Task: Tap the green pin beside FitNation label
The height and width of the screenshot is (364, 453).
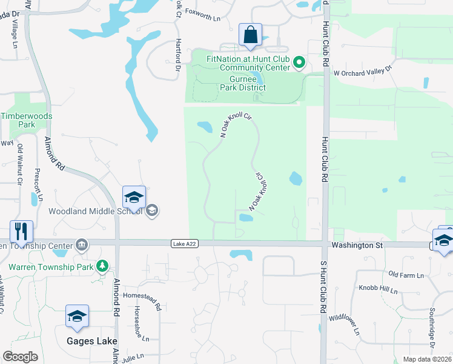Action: click(x=299, y=62)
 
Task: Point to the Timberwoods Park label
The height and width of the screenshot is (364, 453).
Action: click(x=27, y=120)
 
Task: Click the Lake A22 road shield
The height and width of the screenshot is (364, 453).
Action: click(x=185, y=244)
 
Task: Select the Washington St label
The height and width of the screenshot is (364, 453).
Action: click(x=357, y=245)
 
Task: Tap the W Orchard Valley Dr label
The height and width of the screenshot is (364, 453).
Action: click(x=363, y=72)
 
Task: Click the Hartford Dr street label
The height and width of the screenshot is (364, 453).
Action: click(x=178, y=56)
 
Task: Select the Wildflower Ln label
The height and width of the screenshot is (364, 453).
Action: click(x=344, y=325)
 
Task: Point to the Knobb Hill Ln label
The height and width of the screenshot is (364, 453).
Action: click(x=377, y=289)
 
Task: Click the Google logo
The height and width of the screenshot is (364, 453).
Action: click(x=21, y=357)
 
